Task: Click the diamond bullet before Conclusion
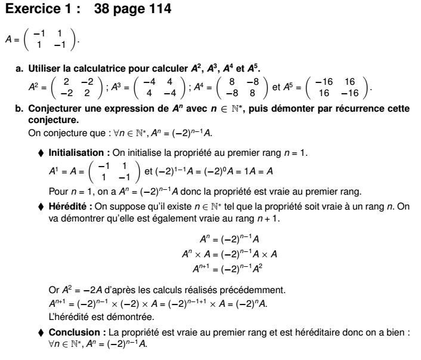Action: (x=41, y=332)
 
